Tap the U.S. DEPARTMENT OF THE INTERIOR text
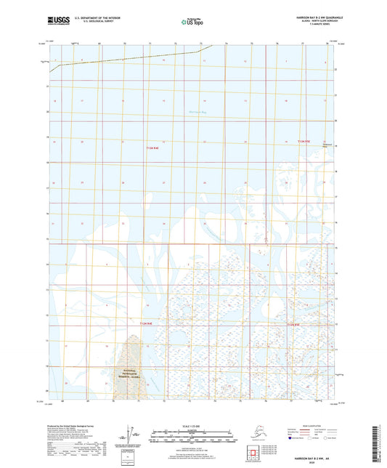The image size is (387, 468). click(x=91, y=17)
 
